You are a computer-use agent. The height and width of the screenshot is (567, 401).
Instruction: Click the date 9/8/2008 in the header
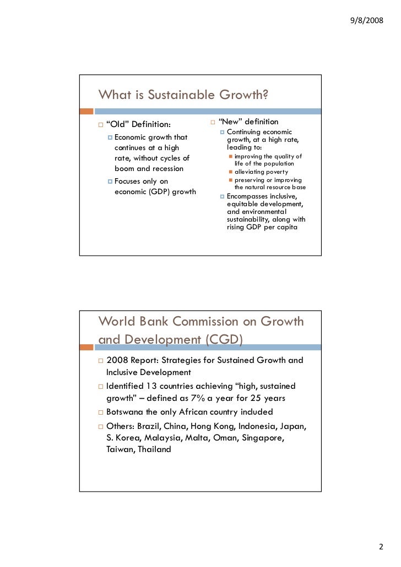[366, 21]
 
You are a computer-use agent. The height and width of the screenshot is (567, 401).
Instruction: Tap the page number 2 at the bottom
[380, 547]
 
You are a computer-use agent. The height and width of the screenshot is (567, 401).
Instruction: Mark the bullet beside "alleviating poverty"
[231, 172]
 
